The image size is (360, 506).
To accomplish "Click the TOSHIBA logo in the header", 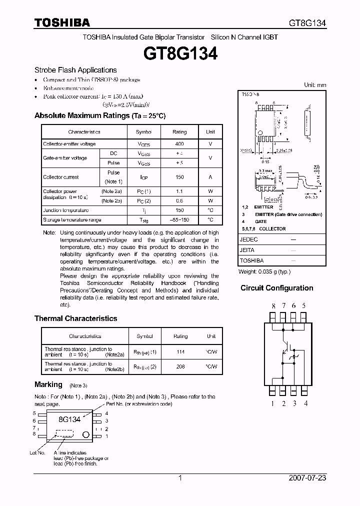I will tap(62, 22).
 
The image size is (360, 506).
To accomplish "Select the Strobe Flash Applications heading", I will tap(75, 70).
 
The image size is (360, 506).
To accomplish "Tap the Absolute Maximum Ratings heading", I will tap(99, 115).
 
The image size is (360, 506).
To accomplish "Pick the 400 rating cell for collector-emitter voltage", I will tap(179, 144).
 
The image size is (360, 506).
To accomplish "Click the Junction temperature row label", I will tap(65, 210).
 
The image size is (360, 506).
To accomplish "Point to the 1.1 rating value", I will tap(179, 191).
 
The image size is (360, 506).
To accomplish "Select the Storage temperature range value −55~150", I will tap(179, 219).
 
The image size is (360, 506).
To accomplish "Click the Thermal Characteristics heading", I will tap(75, 318).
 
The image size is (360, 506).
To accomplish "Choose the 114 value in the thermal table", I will tap(180, 352).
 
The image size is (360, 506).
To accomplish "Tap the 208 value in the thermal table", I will tap(180, 366).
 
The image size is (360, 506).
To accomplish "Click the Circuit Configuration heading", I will tap(277, 288).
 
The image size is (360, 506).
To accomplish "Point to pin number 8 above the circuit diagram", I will tap(273, 305).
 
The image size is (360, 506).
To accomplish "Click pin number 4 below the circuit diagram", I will tap(305, 403).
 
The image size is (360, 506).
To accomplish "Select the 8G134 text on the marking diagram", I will tap(69, 419).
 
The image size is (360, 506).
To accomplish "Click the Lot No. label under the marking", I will tap(37, 452).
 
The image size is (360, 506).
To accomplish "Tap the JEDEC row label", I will tap(249, 239).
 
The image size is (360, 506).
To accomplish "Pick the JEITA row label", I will tap(247, 250).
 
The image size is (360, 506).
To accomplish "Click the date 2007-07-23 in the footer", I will tap(307, 478).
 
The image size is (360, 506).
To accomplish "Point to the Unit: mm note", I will tap(315, 85).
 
